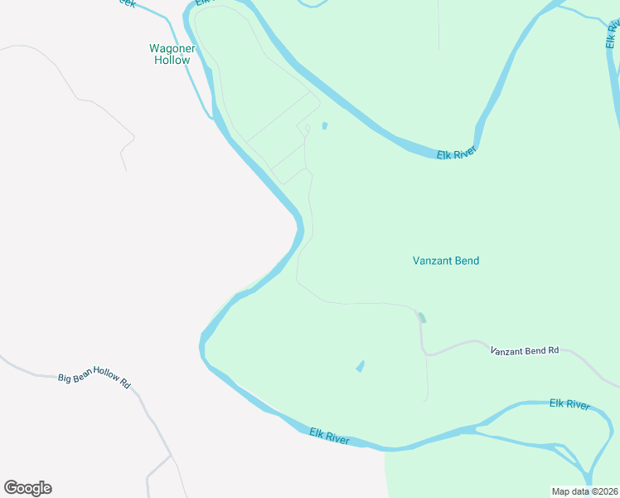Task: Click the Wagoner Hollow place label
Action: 172,54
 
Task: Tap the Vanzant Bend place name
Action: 446,261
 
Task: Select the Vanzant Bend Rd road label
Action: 525,351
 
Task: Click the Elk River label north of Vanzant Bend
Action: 458,154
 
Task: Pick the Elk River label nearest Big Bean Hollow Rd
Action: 329,436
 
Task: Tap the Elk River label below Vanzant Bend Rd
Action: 569,404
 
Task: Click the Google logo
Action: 27,488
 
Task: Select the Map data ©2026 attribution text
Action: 584,491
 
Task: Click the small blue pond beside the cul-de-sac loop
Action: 324,126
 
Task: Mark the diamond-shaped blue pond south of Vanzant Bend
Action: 360,366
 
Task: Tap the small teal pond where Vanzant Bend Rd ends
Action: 422,317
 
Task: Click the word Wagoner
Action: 172,48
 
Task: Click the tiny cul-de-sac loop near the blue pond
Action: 307,128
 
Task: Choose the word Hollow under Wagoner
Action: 172,60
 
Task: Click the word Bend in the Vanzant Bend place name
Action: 465,261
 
